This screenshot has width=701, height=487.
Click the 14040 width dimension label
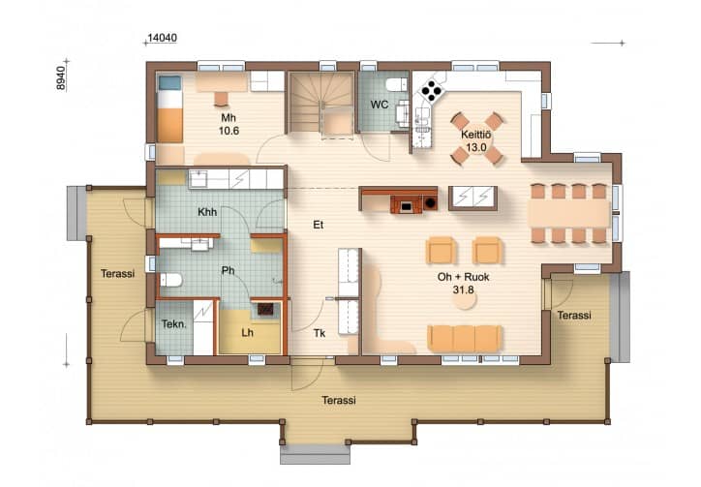(x=163, y=38)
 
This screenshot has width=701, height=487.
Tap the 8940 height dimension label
(x=61, y=77)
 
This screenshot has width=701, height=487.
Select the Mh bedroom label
(x=229, y=118)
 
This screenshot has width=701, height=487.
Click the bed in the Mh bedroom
(x=169, y=108)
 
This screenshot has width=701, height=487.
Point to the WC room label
(x=380, y=105)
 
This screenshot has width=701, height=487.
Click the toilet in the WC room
(x=397, y=84)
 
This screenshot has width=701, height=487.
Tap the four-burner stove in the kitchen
(x=432, y=91)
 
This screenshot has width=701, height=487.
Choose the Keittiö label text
(x=476, y=135)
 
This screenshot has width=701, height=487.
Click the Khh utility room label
(x=207, y=212)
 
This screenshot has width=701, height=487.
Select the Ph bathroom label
(x=228, y=270)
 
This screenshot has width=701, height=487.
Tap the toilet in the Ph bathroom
(x=171, y=281)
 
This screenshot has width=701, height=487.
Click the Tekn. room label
(x=174, y=323)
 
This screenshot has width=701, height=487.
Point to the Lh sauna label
(x=247, y=333)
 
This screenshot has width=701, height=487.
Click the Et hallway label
(x=318, y=225)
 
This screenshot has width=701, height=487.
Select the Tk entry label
(x=320, y=333)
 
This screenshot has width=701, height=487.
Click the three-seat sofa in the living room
(x=465, y=339)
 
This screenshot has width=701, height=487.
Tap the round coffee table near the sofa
(x=466, y=302)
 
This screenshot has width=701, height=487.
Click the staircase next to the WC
(x=321, y=106)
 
